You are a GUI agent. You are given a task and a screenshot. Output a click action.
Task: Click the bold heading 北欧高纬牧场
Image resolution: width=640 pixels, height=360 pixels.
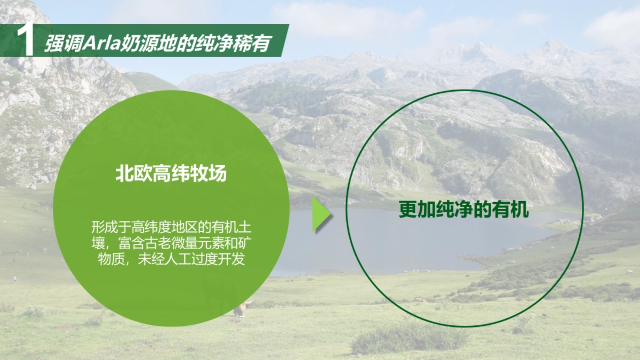click(171, 174)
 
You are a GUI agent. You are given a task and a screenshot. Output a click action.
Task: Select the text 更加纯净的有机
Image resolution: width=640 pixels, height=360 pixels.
click(463, 210)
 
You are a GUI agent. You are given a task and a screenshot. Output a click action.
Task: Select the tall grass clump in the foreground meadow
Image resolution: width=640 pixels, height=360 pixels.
click(408, 336)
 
